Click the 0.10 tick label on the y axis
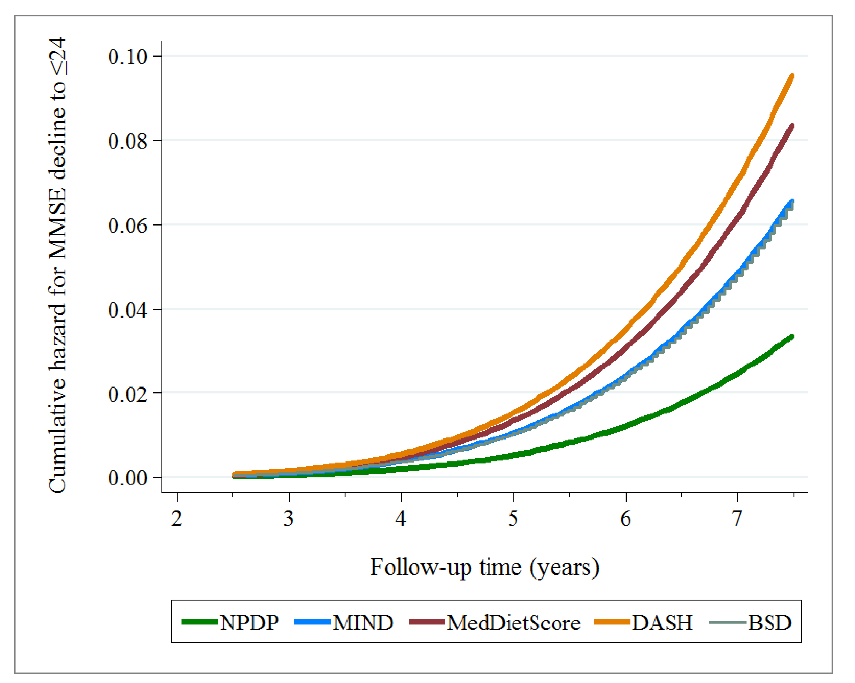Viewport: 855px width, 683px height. click(x=127, y=57)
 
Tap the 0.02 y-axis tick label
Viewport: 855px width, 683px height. click(x=127, y=394)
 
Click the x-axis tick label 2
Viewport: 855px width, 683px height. click(x=176, y=518)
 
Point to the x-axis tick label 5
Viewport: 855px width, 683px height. click(x=513, y=518)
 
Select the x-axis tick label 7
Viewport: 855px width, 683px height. click(x=737, y=518)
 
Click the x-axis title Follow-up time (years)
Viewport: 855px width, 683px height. click(x=485, y=568)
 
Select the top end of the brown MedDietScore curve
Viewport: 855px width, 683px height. click(x=792, y=126)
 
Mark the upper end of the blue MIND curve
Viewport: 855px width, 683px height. click(x=792, y=201)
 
